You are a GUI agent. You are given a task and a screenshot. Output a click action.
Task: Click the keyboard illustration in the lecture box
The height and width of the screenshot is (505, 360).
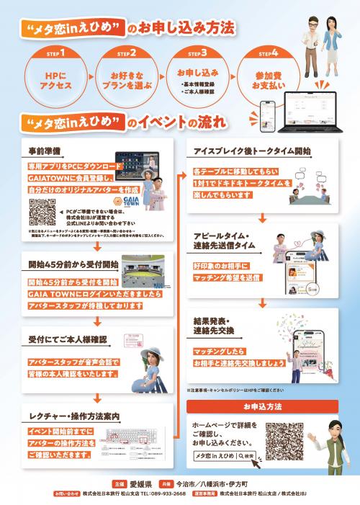tap(136, 440)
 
